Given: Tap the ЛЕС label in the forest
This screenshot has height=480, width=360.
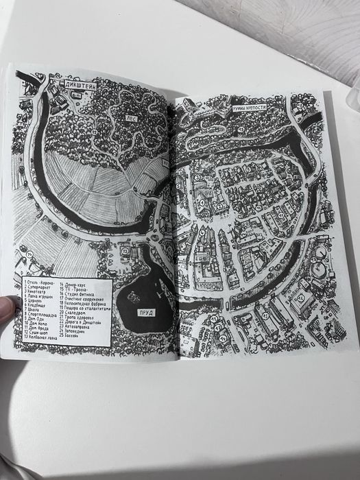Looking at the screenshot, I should coord(130,118).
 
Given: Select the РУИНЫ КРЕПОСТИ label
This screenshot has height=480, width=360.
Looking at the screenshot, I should coord(245,108).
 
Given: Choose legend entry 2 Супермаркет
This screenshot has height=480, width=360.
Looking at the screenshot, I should coord(39,288).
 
